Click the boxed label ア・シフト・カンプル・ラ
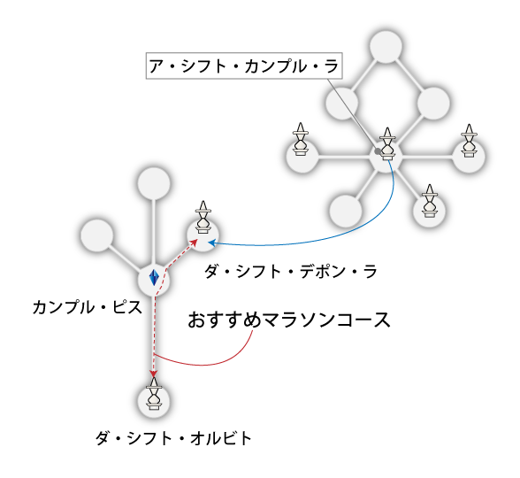coord(244,66)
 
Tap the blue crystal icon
coord(154,278)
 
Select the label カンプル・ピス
coord(88,307)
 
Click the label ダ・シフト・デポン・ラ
coord(290,272)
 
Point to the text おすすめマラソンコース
coord(289,320)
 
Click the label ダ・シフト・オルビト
coord(173,438)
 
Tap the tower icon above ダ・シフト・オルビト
coord(154,394)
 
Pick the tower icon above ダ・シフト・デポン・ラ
coord(203,217)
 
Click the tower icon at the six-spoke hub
coord(387,143)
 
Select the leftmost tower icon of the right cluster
coord(301,139)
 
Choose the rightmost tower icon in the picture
coord(469,141)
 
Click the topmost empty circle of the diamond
coord(386,47)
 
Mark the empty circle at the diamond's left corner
coord(342,104)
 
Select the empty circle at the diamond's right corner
coord(433,104)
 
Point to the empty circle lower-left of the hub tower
coord(346,211)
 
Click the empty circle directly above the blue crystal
coord(154,183)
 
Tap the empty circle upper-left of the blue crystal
coord(97,235)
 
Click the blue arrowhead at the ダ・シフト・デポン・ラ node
coord(212,243)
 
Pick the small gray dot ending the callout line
coord(378,151)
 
